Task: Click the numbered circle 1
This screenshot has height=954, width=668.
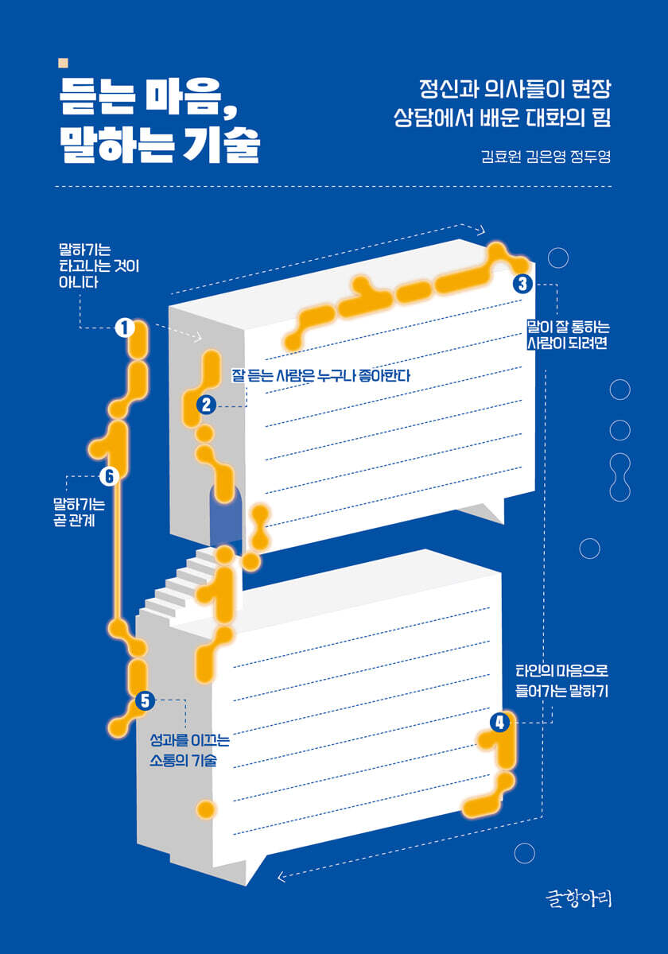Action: (x=125, y=328)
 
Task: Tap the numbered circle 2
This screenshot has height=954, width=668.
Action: (x=206, y=405)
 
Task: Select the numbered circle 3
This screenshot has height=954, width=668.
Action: (x=522, y=284)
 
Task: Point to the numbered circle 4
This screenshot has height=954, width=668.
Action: (x=499, y=723)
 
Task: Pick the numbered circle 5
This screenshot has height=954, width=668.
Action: (x=145, y=700)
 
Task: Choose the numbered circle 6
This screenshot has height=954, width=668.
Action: (x=109, y=476)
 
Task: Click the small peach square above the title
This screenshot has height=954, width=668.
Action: (x=63, y=63)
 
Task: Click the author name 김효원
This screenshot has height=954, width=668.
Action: (x=501, y=157)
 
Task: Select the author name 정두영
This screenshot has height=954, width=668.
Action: (x=590, y=157)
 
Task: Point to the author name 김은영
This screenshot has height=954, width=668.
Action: (x=546, y=157)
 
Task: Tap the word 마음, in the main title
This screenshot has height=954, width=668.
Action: (x=189, y=98)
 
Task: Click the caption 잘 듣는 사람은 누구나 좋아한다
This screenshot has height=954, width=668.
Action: (x=320, y=375)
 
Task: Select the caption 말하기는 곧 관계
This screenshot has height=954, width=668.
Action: (x=80, y=512)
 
